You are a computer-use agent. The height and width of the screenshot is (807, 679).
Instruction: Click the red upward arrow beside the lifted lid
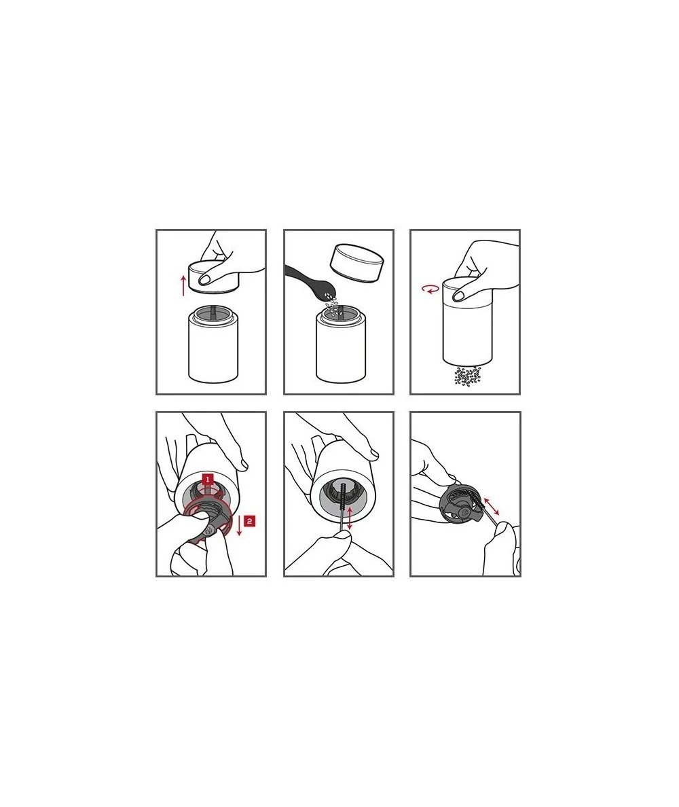[x=183, y=285]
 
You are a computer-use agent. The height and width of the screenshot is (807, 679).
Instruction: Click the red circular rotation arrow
[x=430, y=290]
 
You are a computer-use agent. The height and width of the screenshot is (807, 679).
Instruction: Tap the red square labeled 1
[x=207, y=479]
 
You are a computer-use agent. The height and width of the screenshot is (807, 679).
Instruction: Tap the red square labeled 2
[x=249, y=521]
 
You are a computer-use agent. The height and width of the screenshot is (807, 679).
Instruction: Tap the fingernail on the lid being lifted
[x=208, y=279]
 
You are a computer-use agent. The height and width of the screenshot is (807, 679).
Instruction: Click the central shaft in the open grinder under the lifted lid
[x=215, y=313]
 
